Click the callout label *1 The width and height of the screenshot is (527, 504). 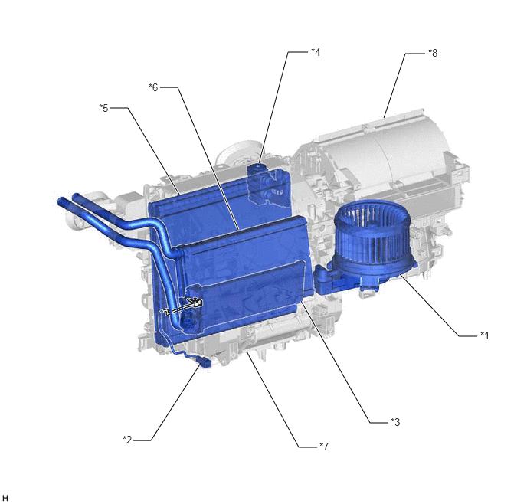point(484,335)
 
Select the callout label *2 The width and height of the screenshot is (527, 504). point(127,440)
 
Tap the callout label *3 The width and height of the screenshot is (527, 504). point(395,422)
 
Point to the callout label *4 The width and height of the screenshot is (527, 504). point(316,52)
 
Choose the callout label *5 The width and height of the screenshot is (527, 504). point(103,108)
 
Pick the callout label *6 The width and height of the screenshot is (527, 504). point(153,87)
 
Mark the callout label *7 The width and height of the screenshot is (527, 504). point(324,447)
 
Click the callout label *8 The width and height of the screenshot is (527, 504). point(433,53)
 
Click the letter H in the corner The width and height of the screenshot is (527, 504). point(5,498)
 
